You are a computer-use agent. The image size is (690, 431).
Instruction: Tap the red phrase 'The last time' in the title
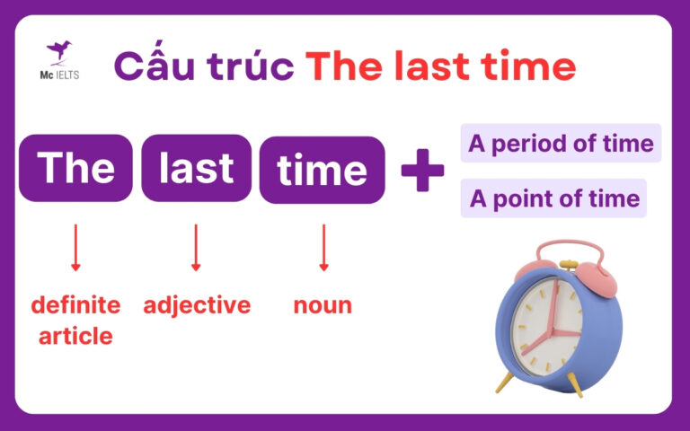click(x=439, y=66)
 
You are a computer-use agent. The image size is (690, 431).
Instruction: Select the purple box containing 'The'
click(x=75, y=169)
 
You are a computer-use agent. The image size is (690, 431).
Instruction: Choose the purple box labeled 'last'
click(x=196, y=169)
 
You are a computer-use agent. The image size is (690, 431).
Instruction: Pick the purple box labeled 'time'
click(x=322, y=170)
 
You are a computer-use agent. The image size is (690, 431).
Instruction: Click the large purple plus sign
click(x=422, y=171)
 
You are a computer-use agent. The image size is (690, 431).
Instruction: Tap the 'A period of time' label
click(x=561, y=144)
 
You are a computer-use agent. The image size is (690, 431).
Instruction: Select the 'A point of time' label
click(x=554, y=198)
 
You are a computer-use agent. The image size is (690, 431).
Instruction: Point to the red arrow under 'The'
click(x=75, y=248)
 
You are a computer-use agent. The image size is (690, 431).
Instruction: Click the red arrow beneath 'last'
click(x=196, y=248)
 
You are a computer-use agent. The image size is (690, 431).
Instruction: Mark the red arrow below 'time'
click(x=323, y=248)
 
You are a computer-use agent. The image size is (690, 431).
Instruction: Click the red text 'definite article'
click(x=75, y=321)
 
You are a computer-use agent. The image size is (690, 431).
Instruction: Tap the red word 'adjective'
click(x=197, y=305)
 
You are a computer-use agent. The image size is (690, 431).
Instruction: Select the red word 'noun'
click(x=323, y=305)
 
